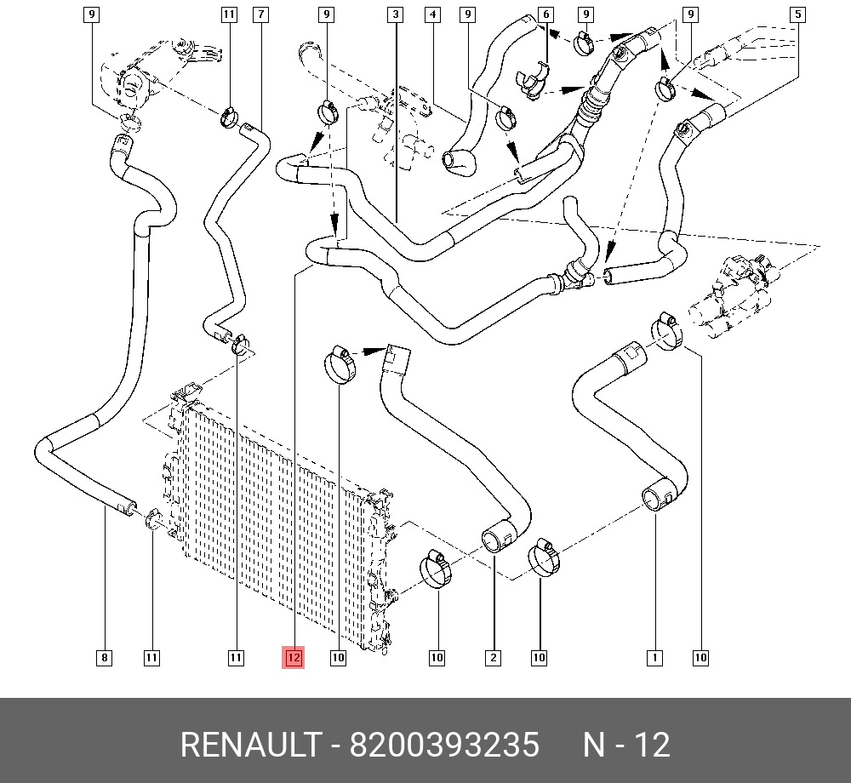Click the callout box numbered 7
[x=260, y=14]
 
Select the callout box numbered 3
[x=396, y=14]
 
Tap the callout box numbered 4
[x=433, y=14]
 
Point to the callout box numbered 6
[x=545, y=14]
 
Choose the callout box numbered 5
[x=797, y=14]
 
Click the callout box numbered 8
[x=104, y=657]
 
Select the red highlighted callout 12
[x=294, y=657]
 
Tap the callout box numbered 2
[x=493, y=657]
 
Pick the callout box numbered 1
[x=654, y=657]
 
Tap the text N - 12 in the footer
[x=626, y=746]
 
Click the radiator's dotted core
[x=272, y=511]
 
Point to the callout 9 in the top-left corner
[x=92, y=14]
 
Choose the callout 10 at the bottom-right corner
[x=700, y=657]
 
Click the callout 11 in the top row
[x=227, y=14]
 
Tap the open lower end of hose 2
[x=494, y=540]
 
